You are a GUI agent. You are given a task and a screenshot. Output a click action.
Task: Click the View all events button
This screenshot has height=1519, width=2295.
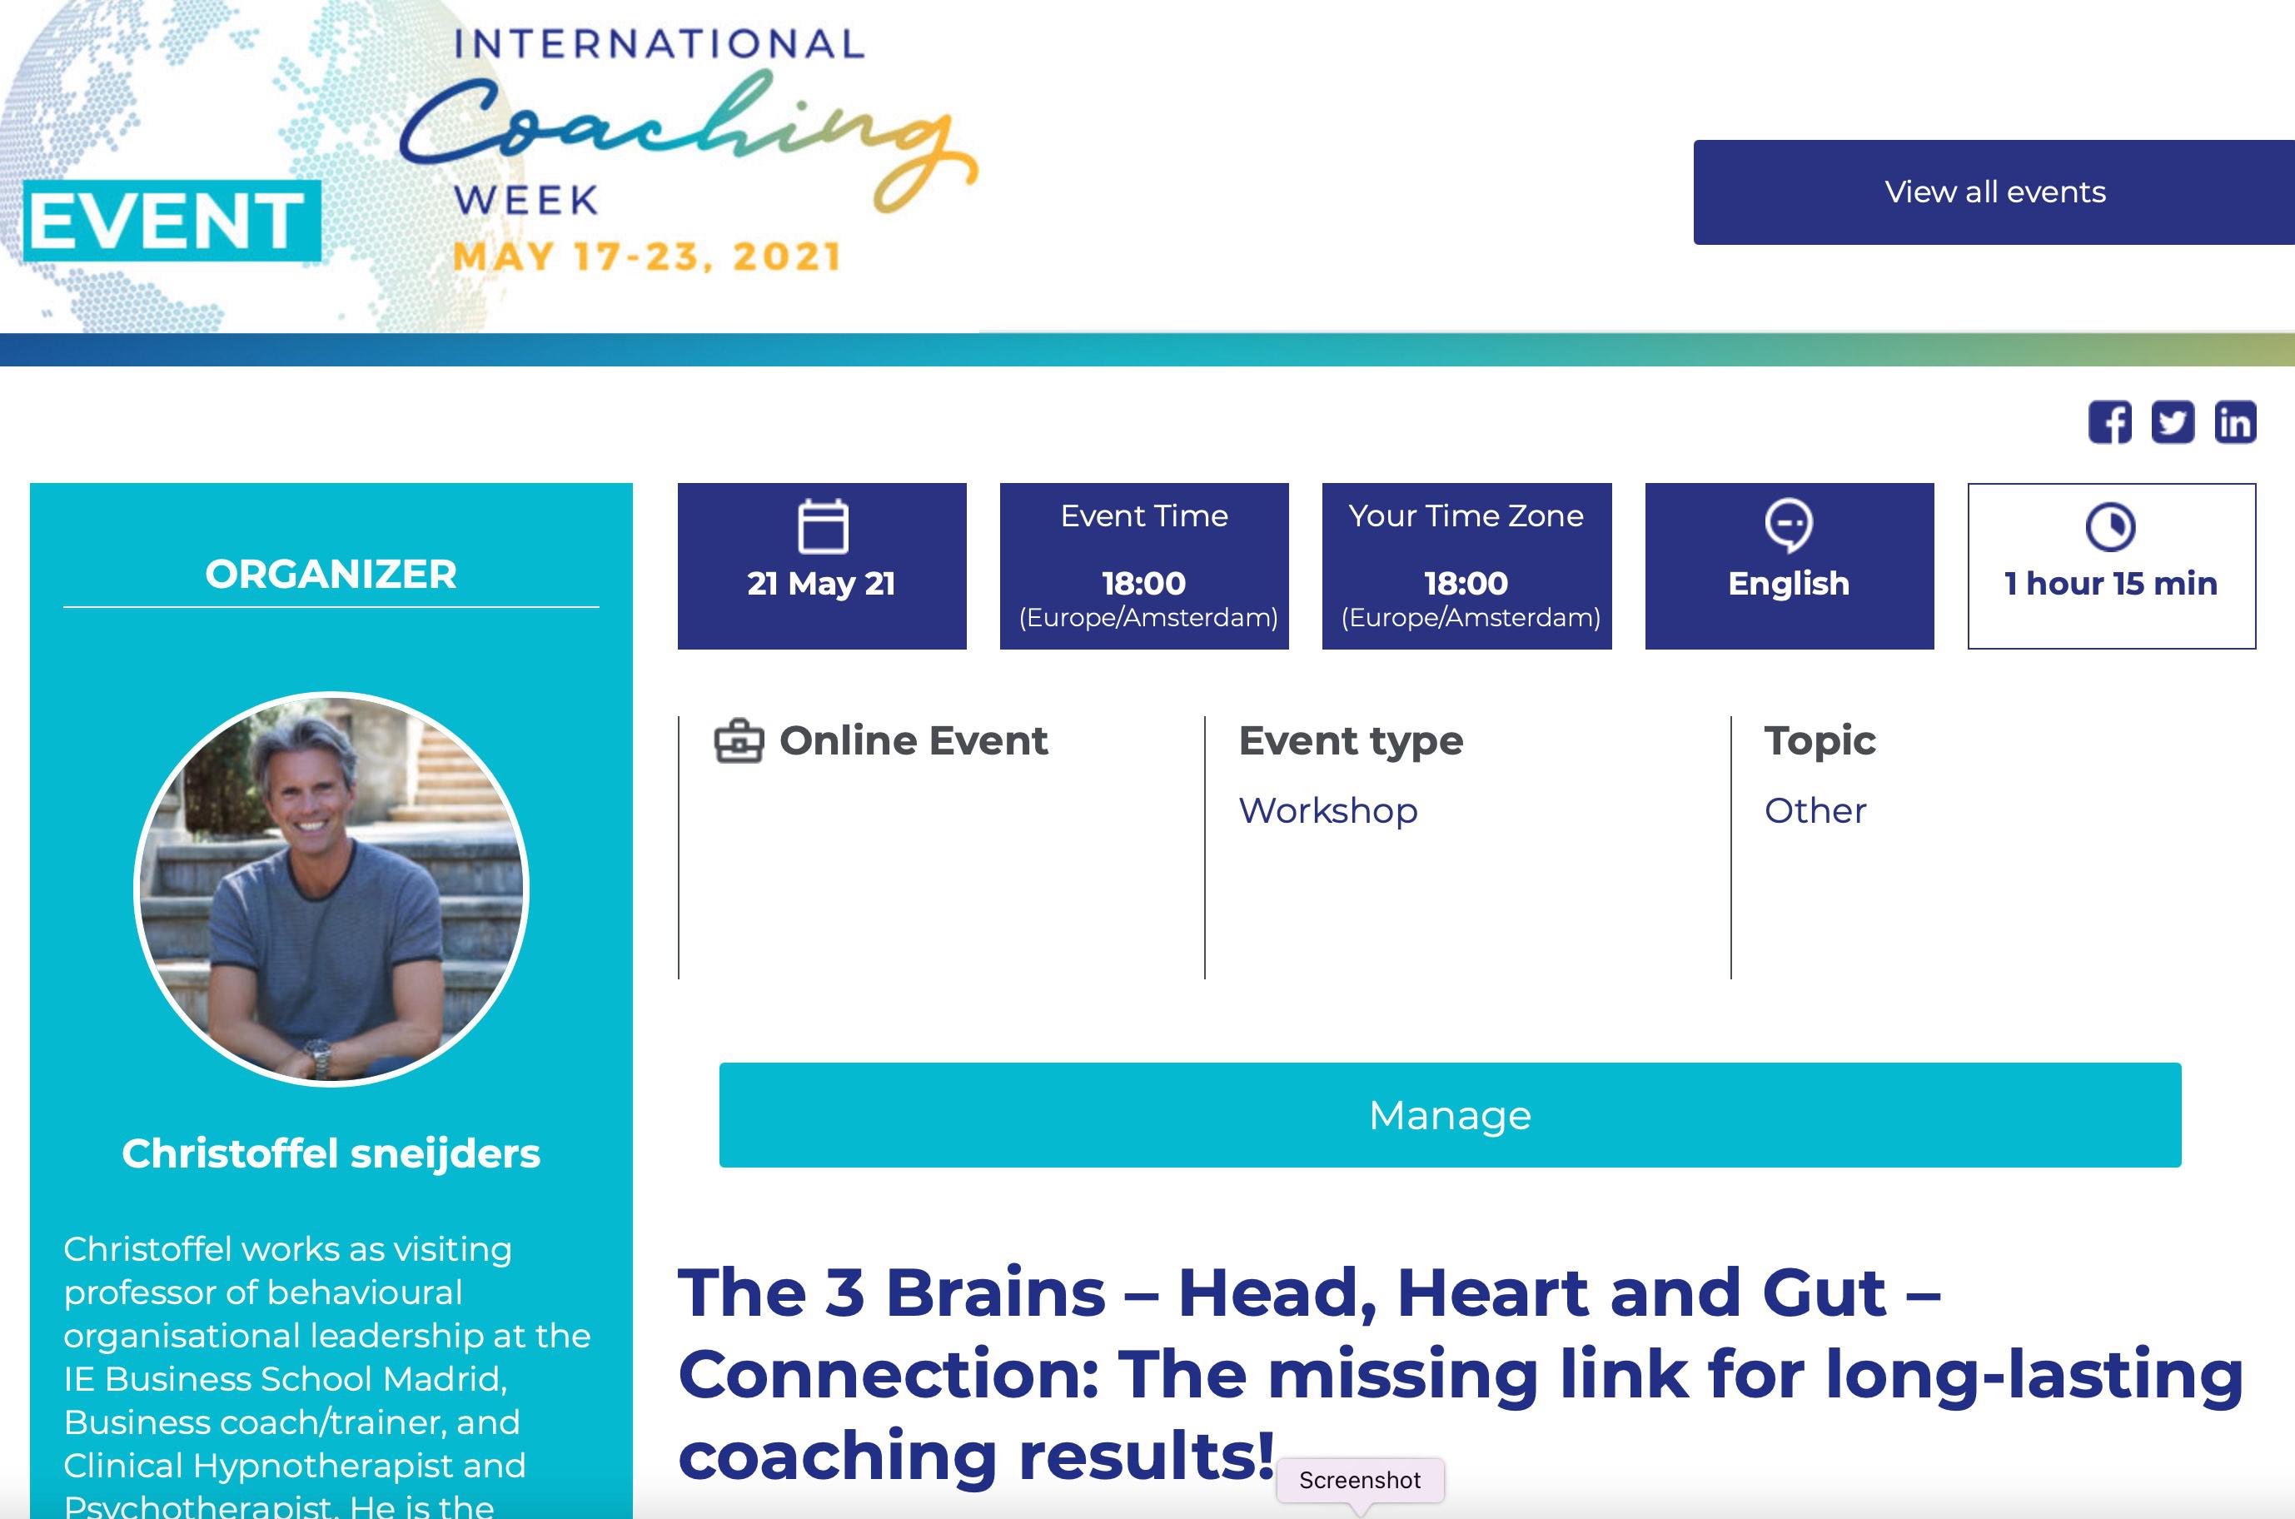pos(1994,192)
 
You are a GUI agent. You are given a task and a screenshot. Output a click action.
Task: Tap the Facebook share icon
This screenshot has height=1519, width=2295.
pos(2109,422)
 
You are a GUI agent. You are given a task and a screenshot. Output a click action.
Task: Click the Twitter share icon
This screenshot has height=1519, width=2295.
pos(2172,422)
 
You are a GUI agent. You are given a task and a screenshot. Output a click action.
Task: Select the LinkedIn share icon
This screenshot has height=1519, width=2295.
pos(2235,422)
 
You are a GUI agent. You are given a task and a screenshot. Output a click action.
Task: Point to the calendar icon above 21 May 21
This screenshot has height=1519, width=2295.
pos(823,526)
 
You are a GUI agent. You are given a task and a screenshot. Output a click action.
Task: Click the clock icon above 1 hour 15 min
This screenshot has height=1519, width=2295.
pos(2110,526)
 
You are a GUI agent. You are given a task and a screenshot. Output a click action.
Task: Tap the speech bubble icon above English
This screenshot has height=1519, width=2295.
pos(1789,524)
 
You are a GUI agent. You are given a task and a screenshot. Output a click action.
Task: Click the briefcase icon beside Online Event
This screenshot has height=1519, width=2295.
pos(739,741)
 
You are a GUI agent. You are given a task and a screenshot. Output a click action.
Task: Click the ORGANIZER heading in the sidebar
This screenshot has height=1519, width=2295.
pos(331,574)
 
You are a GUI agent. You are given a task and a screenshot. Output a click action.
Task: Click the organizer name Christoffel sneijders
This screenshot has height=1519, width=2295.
pos(331,1153)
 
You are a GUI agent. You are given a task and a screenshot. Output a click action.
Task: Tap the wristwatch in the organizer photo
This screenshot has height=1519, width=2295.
pos(319,1056)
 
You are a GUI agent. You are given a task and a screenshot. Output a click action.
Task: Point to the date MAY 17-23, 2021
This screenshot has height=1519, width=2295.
pos(646,256)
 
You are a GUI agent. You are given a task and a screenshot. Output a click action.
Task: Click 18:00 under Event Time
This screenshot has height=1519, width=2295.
pos(1144,583)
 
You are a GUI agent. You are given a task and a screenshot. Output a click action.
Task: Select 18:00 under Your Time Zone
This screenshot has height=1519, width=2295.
pos(1466,583)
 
